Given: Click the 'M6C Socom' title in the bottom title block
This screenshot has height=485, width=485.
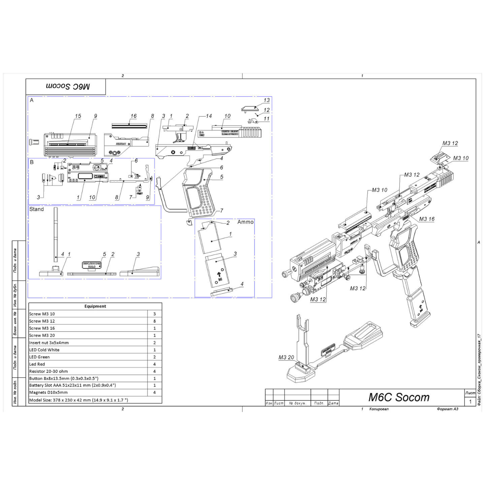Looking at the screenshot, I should coord(399,397).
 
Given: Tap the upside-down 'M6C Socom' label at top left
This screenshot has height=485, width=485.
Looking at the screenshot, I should coord(68,87).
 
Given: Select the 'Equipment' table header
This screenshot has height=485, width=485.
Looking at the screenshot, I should coord(95,306).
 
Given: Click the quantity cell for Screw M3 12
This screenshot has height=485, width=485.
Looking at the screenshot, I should coord(155,321).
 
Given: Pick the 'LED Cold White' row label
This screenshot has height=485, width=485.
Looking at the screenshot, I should coord(44,350).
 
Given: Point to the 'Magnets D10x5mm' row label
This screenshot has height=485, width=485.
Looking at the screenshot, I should coord(48,392).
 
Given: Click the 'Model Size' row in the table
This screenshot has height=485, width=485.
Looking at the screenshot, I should coord(78,400).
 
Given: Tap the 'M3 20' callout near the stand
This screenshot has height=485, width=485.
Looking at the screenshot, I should coord(286,357).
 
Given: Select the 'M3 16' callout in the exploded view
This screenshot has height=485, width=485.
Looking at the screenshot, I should coord(426,219).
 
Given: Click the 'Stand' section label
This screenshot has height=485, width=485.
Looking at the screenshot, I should coord(36,209).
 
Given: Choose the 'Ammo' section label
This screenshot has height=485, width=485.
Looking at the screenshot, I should coord(245,222).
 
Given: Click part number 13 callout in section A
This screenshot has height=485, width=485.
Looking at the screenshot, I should coord(266,100).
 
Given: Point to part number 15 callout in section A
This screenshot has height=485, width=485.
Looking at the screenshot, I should coord(78,116).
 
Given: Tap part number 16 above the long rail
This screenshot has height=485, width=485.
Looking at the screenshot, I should coord(133,116).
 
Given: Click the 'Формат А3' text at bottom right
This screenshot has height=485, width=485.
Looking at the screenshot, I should coord(447,409).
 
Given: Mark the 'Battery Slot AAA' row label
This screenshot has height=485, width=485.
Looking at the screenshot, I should coord(72,385).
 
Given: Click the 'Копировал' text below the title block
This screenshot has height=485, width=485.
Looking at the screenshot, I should coord(379,409).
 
